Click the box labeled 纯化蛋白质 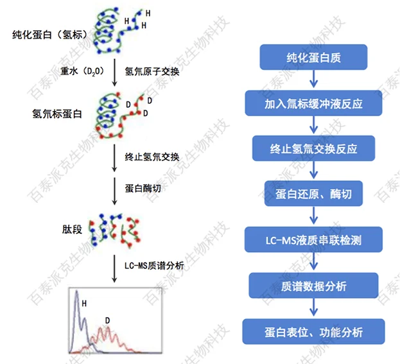click(x=313, y=58)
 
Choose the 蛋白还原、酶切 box click(x=313, y=194)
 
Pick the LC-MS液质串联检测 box click(x=313, y=240)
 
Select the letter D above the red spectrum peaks click(x=107, y=319)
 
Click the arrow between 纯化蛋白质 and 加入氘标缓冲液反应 click(x=313, y=80)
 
